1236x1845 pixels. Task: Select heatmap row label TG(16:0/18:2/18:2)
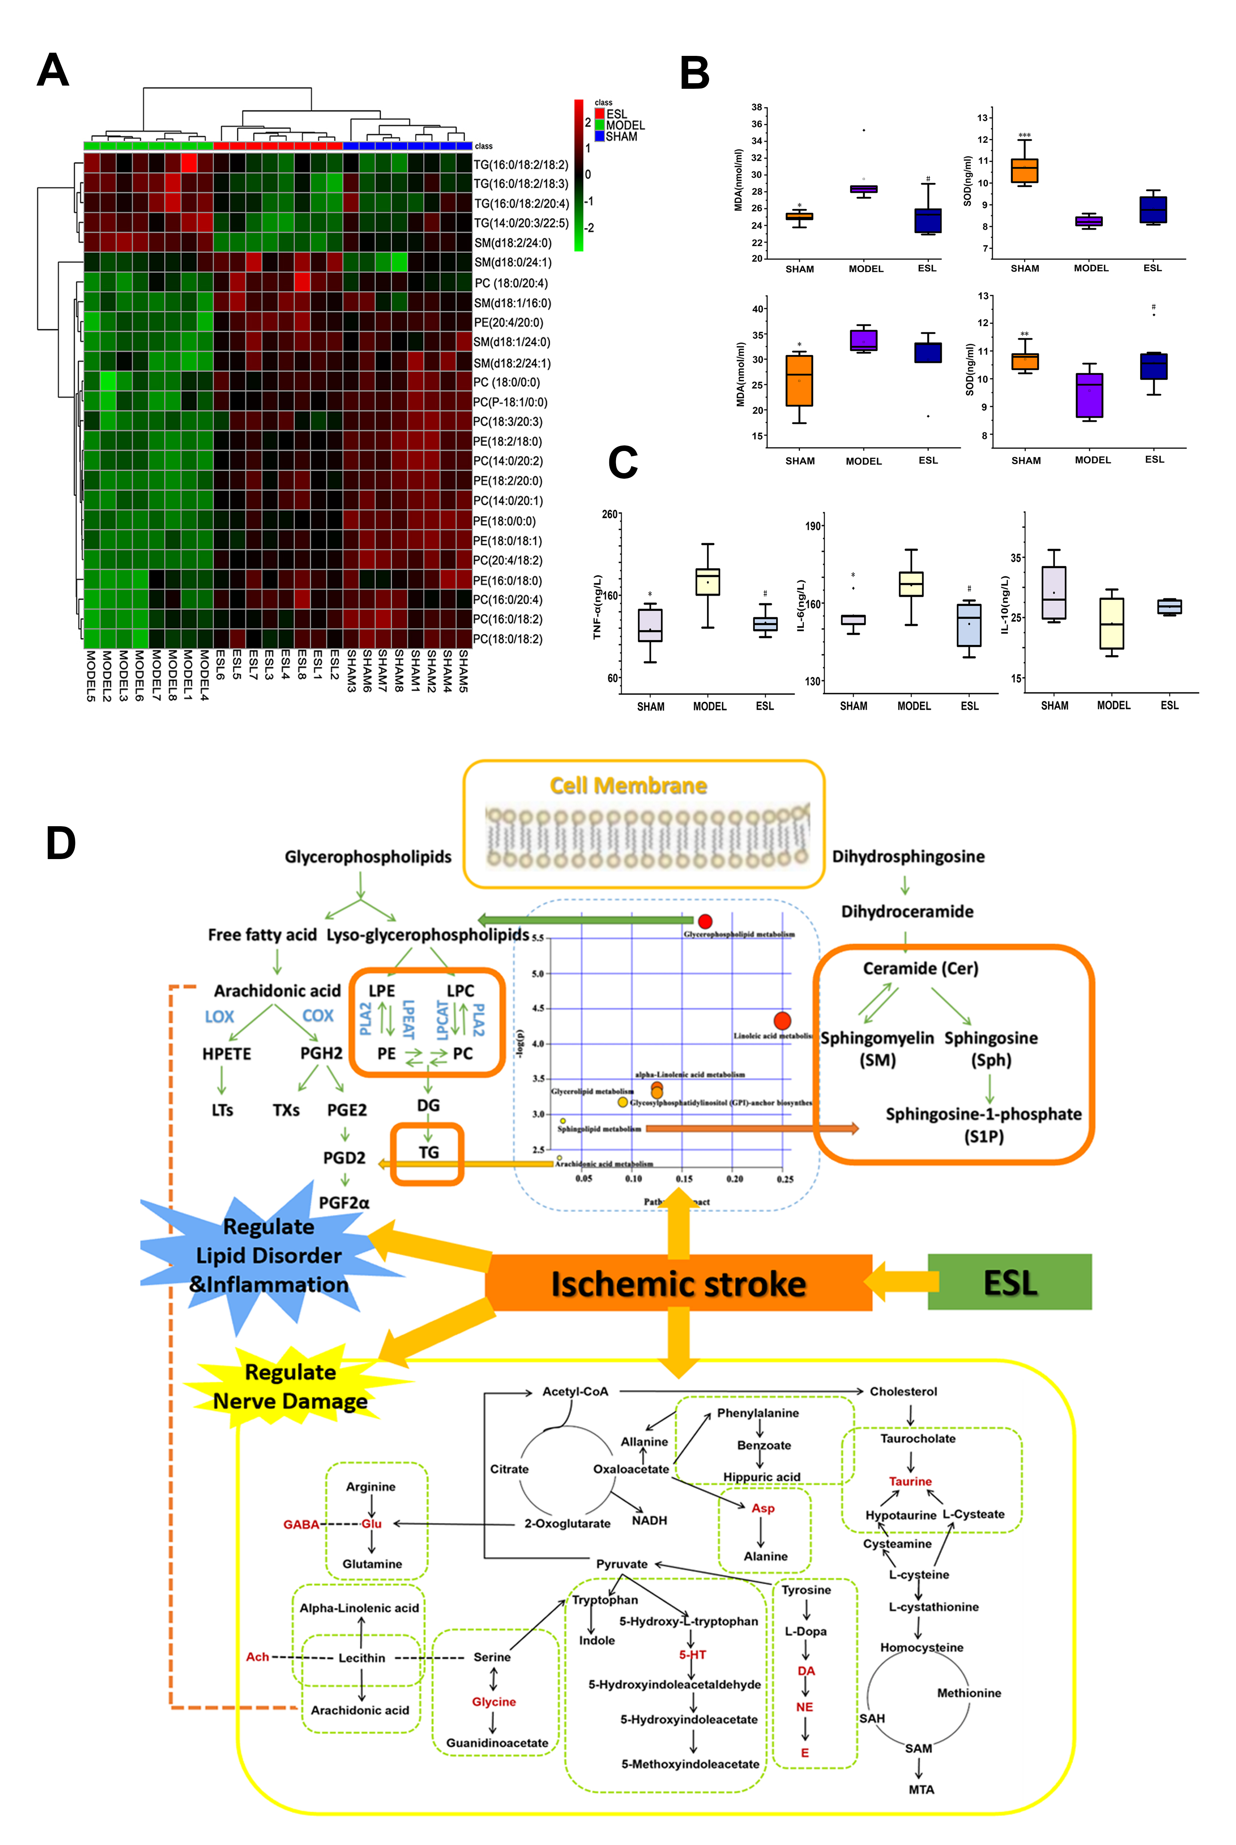(520, 165)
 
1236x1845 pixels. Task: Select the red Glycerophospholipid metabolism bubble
(705, 921)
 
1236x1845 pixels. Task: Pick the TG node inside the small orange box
(428, 1153)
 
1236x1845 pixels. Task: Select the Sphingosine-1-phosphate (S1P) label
(983, 1124)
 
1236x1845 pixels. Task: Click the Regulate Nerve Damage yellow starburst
(290, 1386)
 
